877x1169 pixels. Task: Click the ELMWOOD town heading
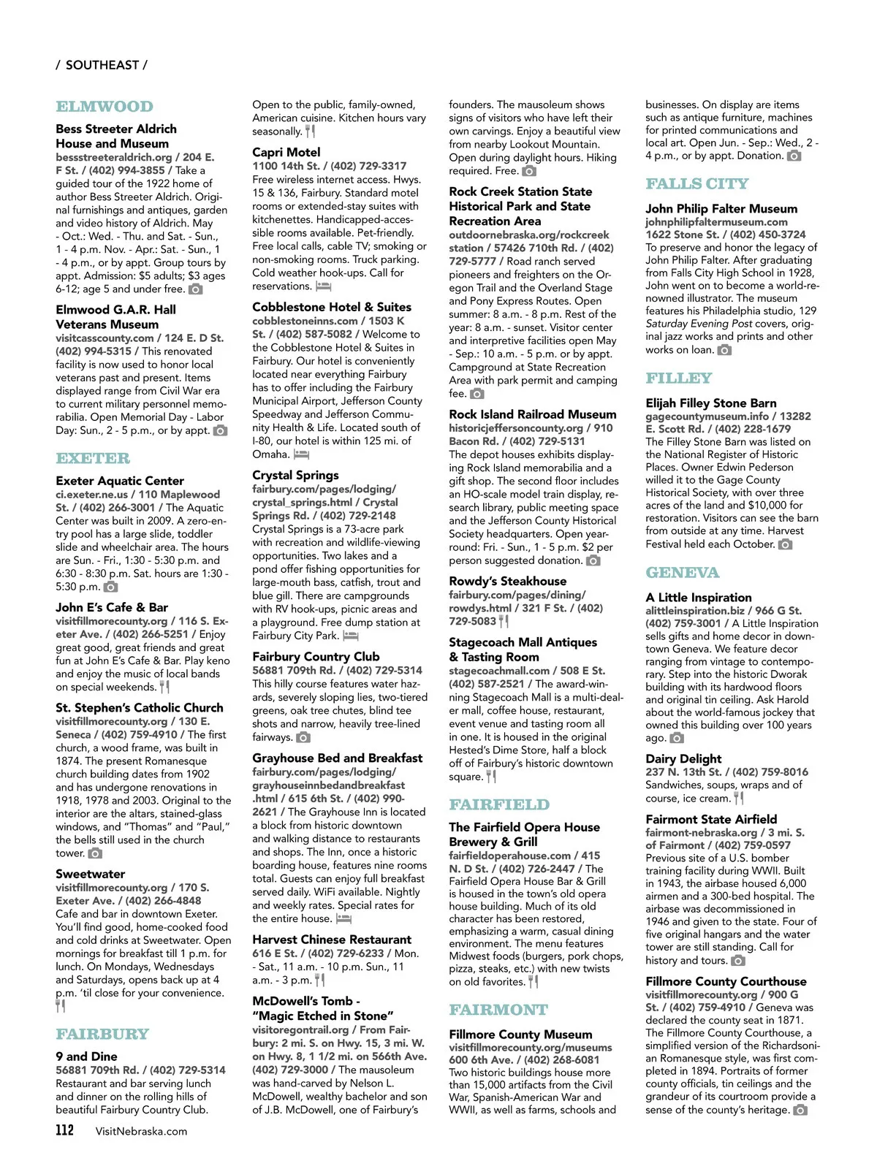(x=105, y=107)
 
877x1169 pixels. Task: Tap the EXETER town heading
(x=93, y=459)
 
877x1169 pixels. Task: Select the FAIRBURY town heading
(x=102, y=1035)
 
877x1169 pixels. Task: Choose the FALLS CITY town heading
(x=696, y=184)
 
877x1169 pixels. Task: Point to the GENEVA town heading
(x=682, y=573)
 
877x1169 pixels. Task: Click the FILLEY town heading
(x=678, y=378)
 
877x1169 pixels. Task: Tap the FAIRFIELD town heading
(x=499, y=805)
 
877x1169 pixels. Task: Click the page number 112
(x=65, y=1130)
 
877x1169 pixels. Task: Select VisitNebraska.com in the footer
(x=141, y=1131)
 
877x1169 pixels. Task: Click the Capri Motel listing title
(x=286, y=152)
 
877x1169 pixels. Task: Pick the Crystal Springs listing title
(x=295, y=475)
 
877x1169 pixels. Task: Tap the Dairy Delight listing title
(x=683, y=758)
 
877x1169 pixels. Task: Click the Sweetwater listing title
(x=90, y=874)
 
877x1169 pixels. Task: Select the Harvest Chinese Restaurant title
(x=332, y=940)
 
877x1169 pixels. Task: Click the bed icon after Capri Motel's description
(x=323, y=286)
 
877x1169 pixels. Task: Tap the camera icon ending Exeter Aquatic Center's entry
(x=111, y=587)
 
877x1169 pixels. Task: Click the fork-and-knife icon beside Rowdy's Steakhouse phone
(x=504, y=621)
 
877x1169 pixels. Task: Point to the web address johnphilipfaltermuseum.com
(x=716, y=222)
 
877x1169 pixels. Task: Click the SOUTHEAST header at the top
(x=102, y=65)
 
